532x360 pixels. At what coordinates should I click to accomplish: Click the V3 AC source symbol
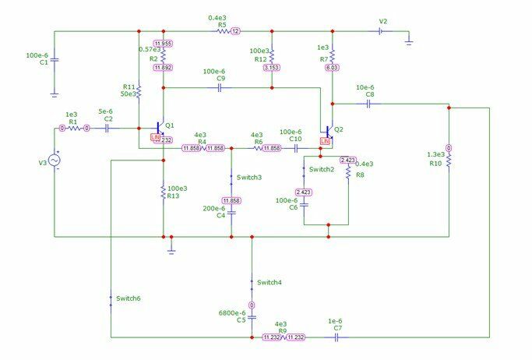[x=55, y=160]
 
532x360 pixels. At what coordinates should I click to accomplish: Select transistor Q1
[x=160, y=127]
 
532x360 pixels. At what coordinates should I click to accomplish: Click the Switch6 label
[x=129, y=298]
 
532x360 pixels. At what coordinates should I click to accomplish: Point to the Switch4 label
[x=270, y=281]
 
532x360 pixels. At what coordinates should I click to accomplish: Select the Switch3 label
[x=249, y=178]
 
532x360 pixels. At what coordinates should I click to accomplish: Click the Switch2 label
[x=321, y=169]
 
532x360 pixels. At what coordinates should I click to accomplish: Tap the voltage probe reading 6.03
[x=332, y=68]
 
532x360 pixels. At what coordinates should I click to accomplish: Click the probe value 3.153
[x=271, y=68]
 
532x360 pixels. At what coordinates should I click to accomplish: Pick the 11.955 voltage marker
[x=164, y=44]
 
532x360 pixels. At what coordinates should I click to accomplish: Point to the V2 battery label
[x=382, y=21]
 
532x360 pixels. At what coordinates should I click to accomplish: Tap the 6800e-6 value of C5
[x=232, y=313]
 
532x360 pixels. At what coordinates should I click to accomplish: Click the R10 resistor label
[x=435, y=164]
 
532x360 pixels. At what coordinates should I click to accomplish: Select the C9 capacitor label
[x=220, y=79]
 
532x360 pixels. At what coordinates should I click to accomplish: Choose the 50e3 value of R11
[x=129, y=94]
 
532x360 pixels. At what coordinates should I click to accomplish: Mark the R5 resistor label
[x=222, y=25]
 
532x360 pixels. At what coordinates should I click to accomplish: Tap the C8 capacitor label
[x=369, y=95]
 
